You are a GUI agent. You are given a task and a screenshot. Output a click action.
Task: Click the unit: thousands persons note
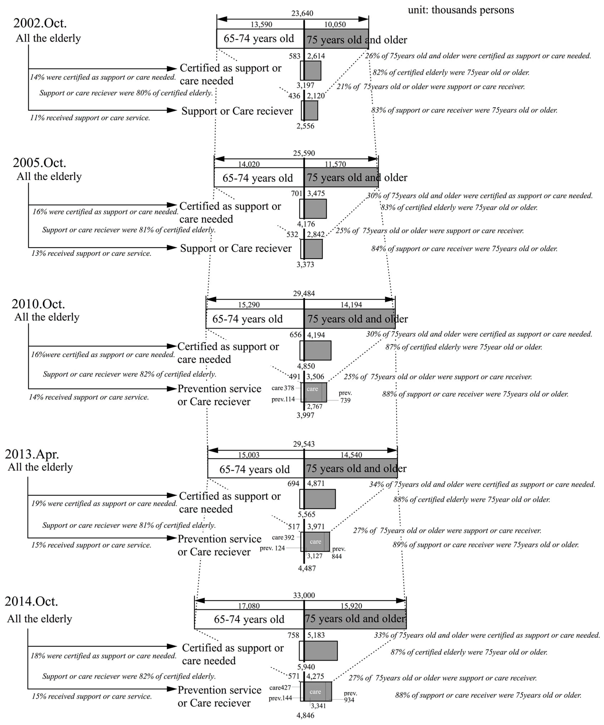click(x=461, y=10)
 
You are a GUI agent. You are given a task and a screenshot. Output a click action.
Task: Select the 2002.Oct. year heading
click(x=40, y=23)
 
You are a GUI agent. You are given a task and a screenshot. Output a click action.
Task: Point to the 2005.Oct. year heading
click(x=39, y=163)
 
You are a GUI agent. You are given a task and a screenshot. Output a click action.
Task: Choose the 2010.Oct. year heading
click(x=38, y=304)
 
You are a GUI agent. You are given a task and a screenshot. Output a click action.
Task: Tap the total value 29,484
click(x=304, y=293)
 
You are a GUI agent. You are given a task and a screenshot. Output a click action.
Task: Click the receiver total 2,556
click(x=305, y=126)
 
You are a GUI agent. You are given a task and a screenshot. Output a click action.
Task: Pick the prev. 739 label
click(x=345, y=397)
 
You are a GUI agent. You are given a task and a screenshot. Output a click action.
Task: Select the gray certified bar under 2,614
click(x=313, y=71)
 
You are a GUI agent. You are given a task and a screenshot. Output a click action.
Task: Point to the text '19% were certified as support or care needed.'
click(x=104, y=503)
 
